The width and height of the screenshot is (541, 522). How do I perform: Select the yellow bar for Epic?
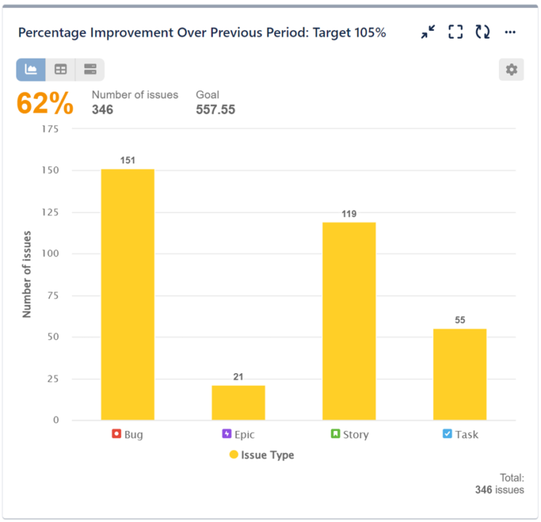(238, 403)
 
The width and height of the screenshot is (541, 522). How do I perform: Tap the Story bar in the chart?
(349, 322)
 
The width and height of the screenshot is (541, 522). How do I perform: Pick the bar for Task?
(459, 375)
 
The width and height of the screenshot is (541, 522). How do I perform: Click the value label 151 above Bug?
(128, 160)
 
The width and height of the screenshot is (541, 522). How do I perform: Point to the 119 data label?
(349, 214)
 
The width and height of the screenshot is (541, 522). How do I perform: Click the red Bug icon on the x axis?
(117, 434)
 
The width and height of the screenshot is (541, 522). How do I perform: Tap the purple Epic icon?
(227, 434)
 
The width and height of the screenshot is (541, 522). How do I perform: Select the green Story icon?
(336, 434)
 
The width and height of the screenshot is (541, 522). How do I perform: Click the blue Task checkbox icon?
(447, 434)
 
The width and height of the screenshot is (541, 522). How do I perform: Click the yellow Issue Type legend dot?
(234, 455)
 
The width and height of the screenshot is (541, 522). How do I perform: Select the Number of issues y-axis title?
(27, 274)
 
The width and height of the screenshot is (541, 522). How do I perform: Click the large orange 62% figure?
(45, 104)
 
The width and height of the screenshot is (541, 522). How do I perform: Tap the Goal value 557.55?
(215, 109)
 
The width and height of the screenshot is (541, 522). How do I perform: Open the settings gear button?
(511, 70)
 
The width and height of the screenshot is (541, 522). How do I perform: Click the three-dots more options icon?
(511, 32)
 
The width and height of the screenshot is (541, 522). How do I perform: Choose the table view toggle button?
(61, 70)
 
